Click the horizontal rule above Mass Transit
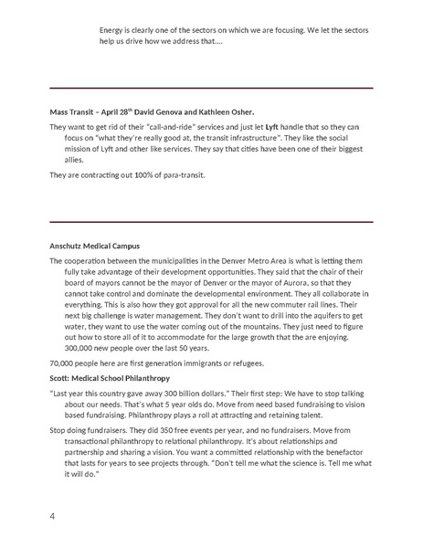pos(211,88)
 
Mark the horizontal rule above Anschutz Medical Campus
pos(211,222)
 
